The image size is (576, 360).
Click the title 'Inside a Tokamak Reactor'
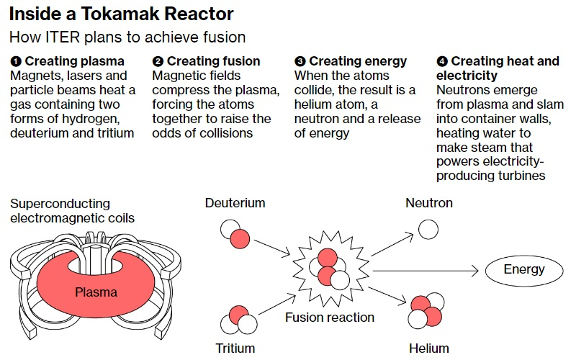coord(121,14)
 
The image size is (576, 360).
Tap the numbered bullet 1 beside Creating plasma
coord(16,61)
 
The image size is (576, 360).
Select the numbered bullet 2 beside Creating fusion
coord(158,61)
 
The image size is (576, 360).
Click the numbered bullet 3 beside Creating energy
coord(300,61)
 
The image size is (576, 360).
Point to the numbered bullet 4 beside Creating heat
coord(442,61)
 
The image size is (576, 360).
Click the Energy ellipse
coord(524,271)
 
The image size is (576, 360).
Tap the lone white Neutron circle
coord(428,230)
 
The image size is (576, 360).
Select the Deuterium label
coord(235,203)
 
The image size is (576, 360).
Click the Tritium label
coord(235,348)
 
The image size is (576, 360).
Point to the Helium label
coord(429,348)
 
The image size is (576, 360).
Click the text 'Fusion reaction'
coord(330,318)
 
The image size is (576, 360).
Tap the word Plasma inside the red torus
coord(96,292)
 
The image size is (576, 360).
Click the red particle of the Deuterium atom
coord(240,238)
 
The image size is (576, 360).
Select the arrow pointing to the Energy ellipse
coord(426,271)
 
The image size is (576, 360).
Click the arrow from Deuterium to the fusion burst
coord(272,248)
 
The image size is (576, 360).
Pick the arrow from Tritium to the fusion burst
coord(277,304)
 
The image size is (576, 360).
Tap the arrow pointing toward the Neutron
coord(392,244)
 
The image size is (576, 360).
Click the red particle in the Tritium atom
coord(239,315)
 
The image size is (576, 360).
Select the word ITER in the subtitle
coord(63,37)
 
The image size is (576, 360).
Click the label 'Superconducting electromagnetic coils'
coord(73,210)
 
